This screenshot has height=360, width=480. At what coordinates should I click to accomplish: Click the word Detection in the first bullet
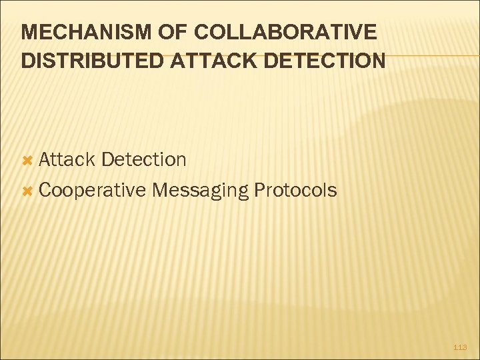[145, 159]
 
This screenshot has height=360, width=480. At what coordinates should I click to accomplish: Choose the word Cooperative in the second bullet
[93, 191]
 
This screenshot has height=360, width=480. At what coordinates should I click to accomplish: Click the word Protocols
[295, 191]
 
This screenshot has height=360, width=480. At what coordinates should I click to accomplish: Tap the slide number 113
[460, 347]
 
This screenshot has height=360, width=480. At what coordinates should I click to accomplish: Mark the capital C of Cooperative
[45, 191]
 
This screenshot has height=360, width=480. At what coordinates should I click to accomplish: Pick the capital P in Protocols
[259, 191]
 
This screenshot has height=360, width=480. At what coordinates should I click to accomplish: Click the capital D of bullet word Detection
[109, 159]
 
